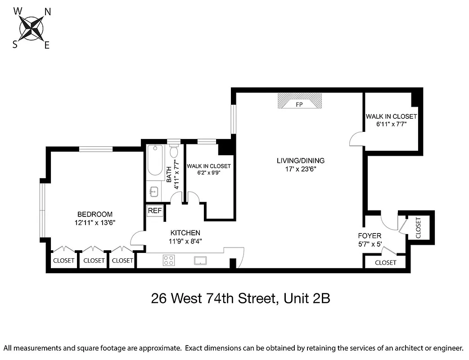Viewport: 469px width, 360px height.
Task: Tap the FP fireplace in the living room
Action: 299,101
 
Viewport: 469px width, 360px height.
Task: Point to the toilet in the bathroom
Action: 174,152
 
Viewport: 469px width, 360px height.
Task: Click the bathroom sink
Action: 153,192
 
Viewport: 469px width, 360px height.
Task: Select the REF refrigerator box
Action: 155,211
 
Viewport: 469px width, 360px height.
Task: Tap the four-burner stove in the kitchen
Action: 169,260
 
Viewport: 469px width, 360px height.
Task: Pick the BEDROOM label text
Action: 95,214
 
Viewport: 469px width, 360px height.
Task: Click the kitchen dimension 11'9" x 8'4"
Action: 185,241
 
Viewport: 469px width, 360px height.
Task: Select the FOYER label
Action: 370,236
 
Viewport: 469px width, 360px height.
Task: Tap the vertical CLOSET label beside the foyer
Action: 419,228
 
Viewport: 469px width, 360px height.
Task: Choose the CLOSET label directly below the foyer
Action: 385,262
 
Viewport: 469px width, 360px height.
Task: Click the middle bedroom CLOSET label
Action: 94,261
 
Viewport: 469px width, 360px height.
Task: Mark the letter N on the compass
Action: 47,12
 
